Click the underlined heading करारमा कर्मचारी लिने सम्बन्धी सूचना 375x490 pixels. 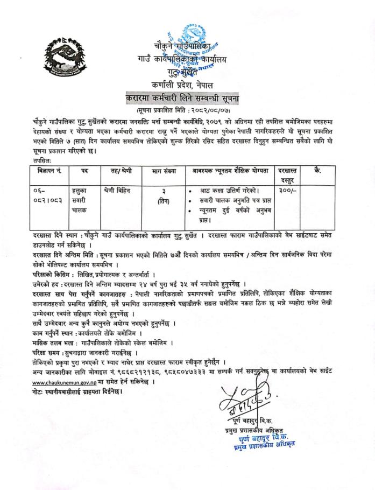coord(187,99)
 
